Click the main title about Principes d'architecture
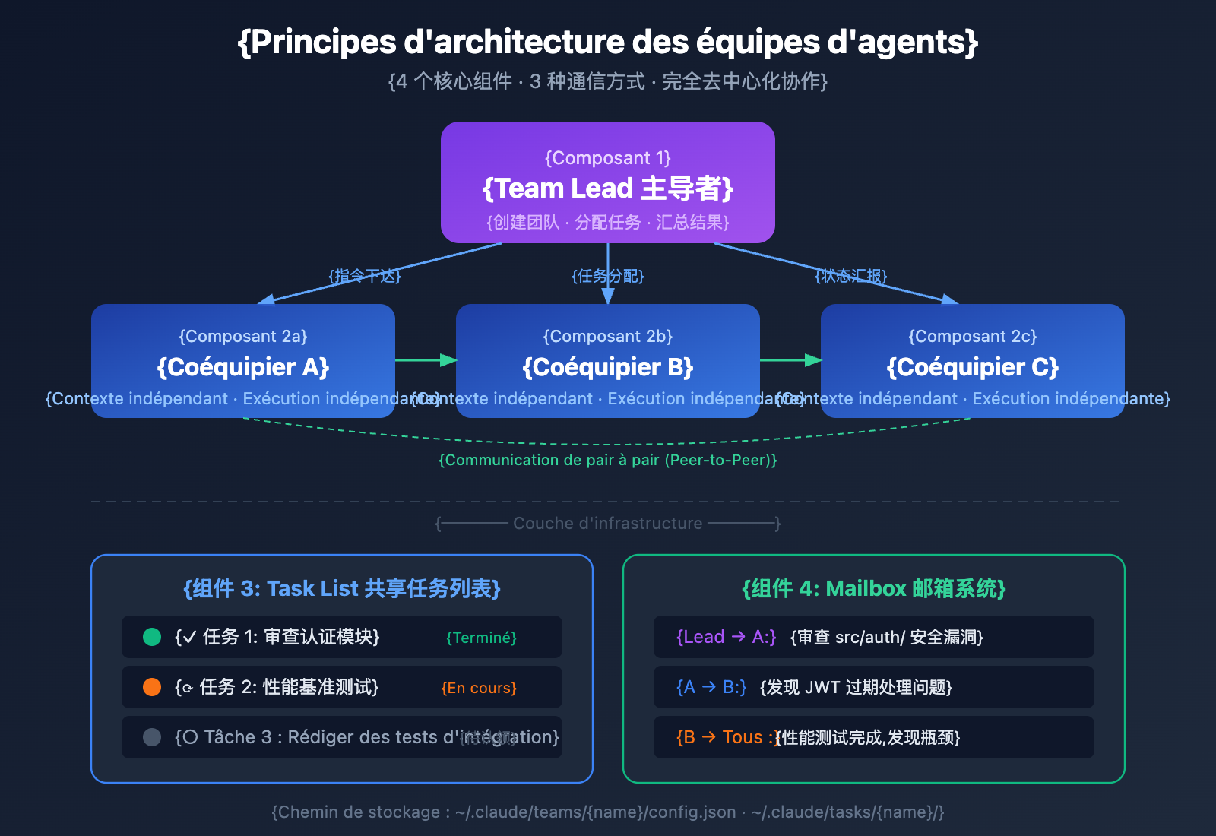[x=608, y=43]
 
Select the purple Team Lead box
[x=608, y=182]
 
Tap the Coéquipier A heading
[x=243, y=367]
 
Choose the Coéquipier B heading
[x=608, y=367]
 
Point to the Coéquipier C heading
[x=973, y=367]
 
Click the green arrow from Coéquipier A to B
[x=426, y=359]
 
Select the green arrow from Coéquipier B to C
[x=790, y=359]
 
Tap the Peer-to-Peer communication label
[x=608, y=460]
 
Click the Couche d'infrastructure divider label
[x=608, y=523]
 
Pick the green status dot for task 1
[x=152, y=637]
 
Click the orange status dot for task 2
[x=152, y=687]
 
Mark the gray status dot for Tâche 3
[x=152, y=737]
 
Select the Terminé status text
[x=481, y=638]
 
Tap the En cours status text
[x=479, y=688]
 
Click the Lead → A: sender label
[x=727, y=637]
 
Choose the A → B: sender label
[x=711, y=687]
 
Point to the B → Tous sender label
[x=725, y=737]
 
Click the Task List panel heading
[x=342, y=588]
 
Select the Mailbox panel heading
[x=874, y=588]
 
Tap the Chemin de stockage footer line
[x=608, y=812]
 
